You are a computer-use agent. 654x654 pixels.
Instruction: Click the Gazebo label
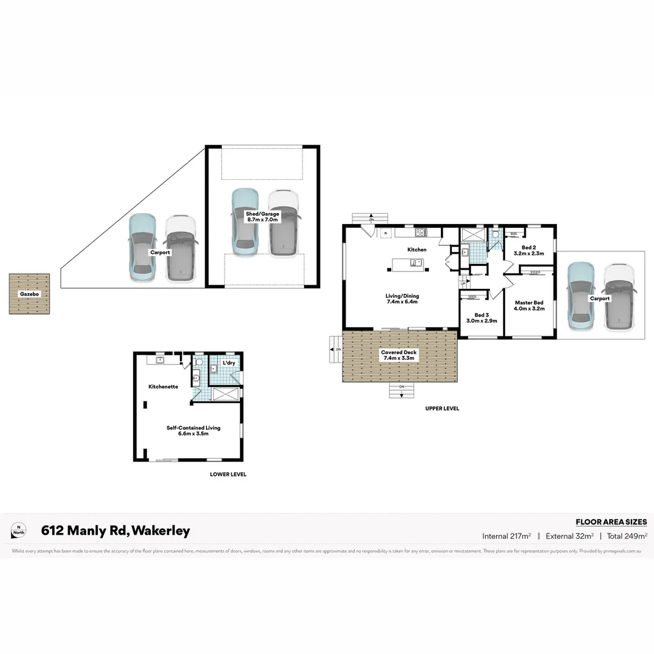point(29,293)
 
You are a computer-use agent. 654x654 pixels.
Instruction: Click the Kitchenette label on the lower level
point(163,386)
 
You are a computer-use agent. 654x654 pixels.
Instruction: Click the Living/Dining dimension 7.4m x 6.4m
point(402,303)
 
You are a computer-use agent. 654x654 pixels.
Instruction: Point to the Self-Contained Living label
point(193,428)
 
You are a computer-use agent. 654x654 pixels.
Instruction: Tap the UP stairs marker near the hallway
point(463,283)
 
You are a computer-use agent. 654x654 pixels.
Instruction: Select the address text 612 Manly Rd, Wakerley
point(115,531)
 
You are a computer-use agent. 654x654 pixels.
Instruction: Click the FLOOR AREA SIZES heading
point(611,522)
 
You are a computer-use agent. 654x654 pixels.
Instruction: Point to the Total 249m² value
point(628,536)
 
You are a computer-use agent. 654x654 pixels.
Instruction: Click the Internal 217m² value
point(507,536)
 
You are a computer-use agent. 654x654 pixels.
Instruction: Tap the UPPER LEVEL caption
point(442,409)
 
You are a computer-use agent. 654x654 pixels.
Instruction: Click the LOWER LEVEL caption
point(228,475)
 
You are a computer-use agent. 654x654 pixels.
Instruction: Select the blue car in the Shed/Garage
point(245,222)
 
